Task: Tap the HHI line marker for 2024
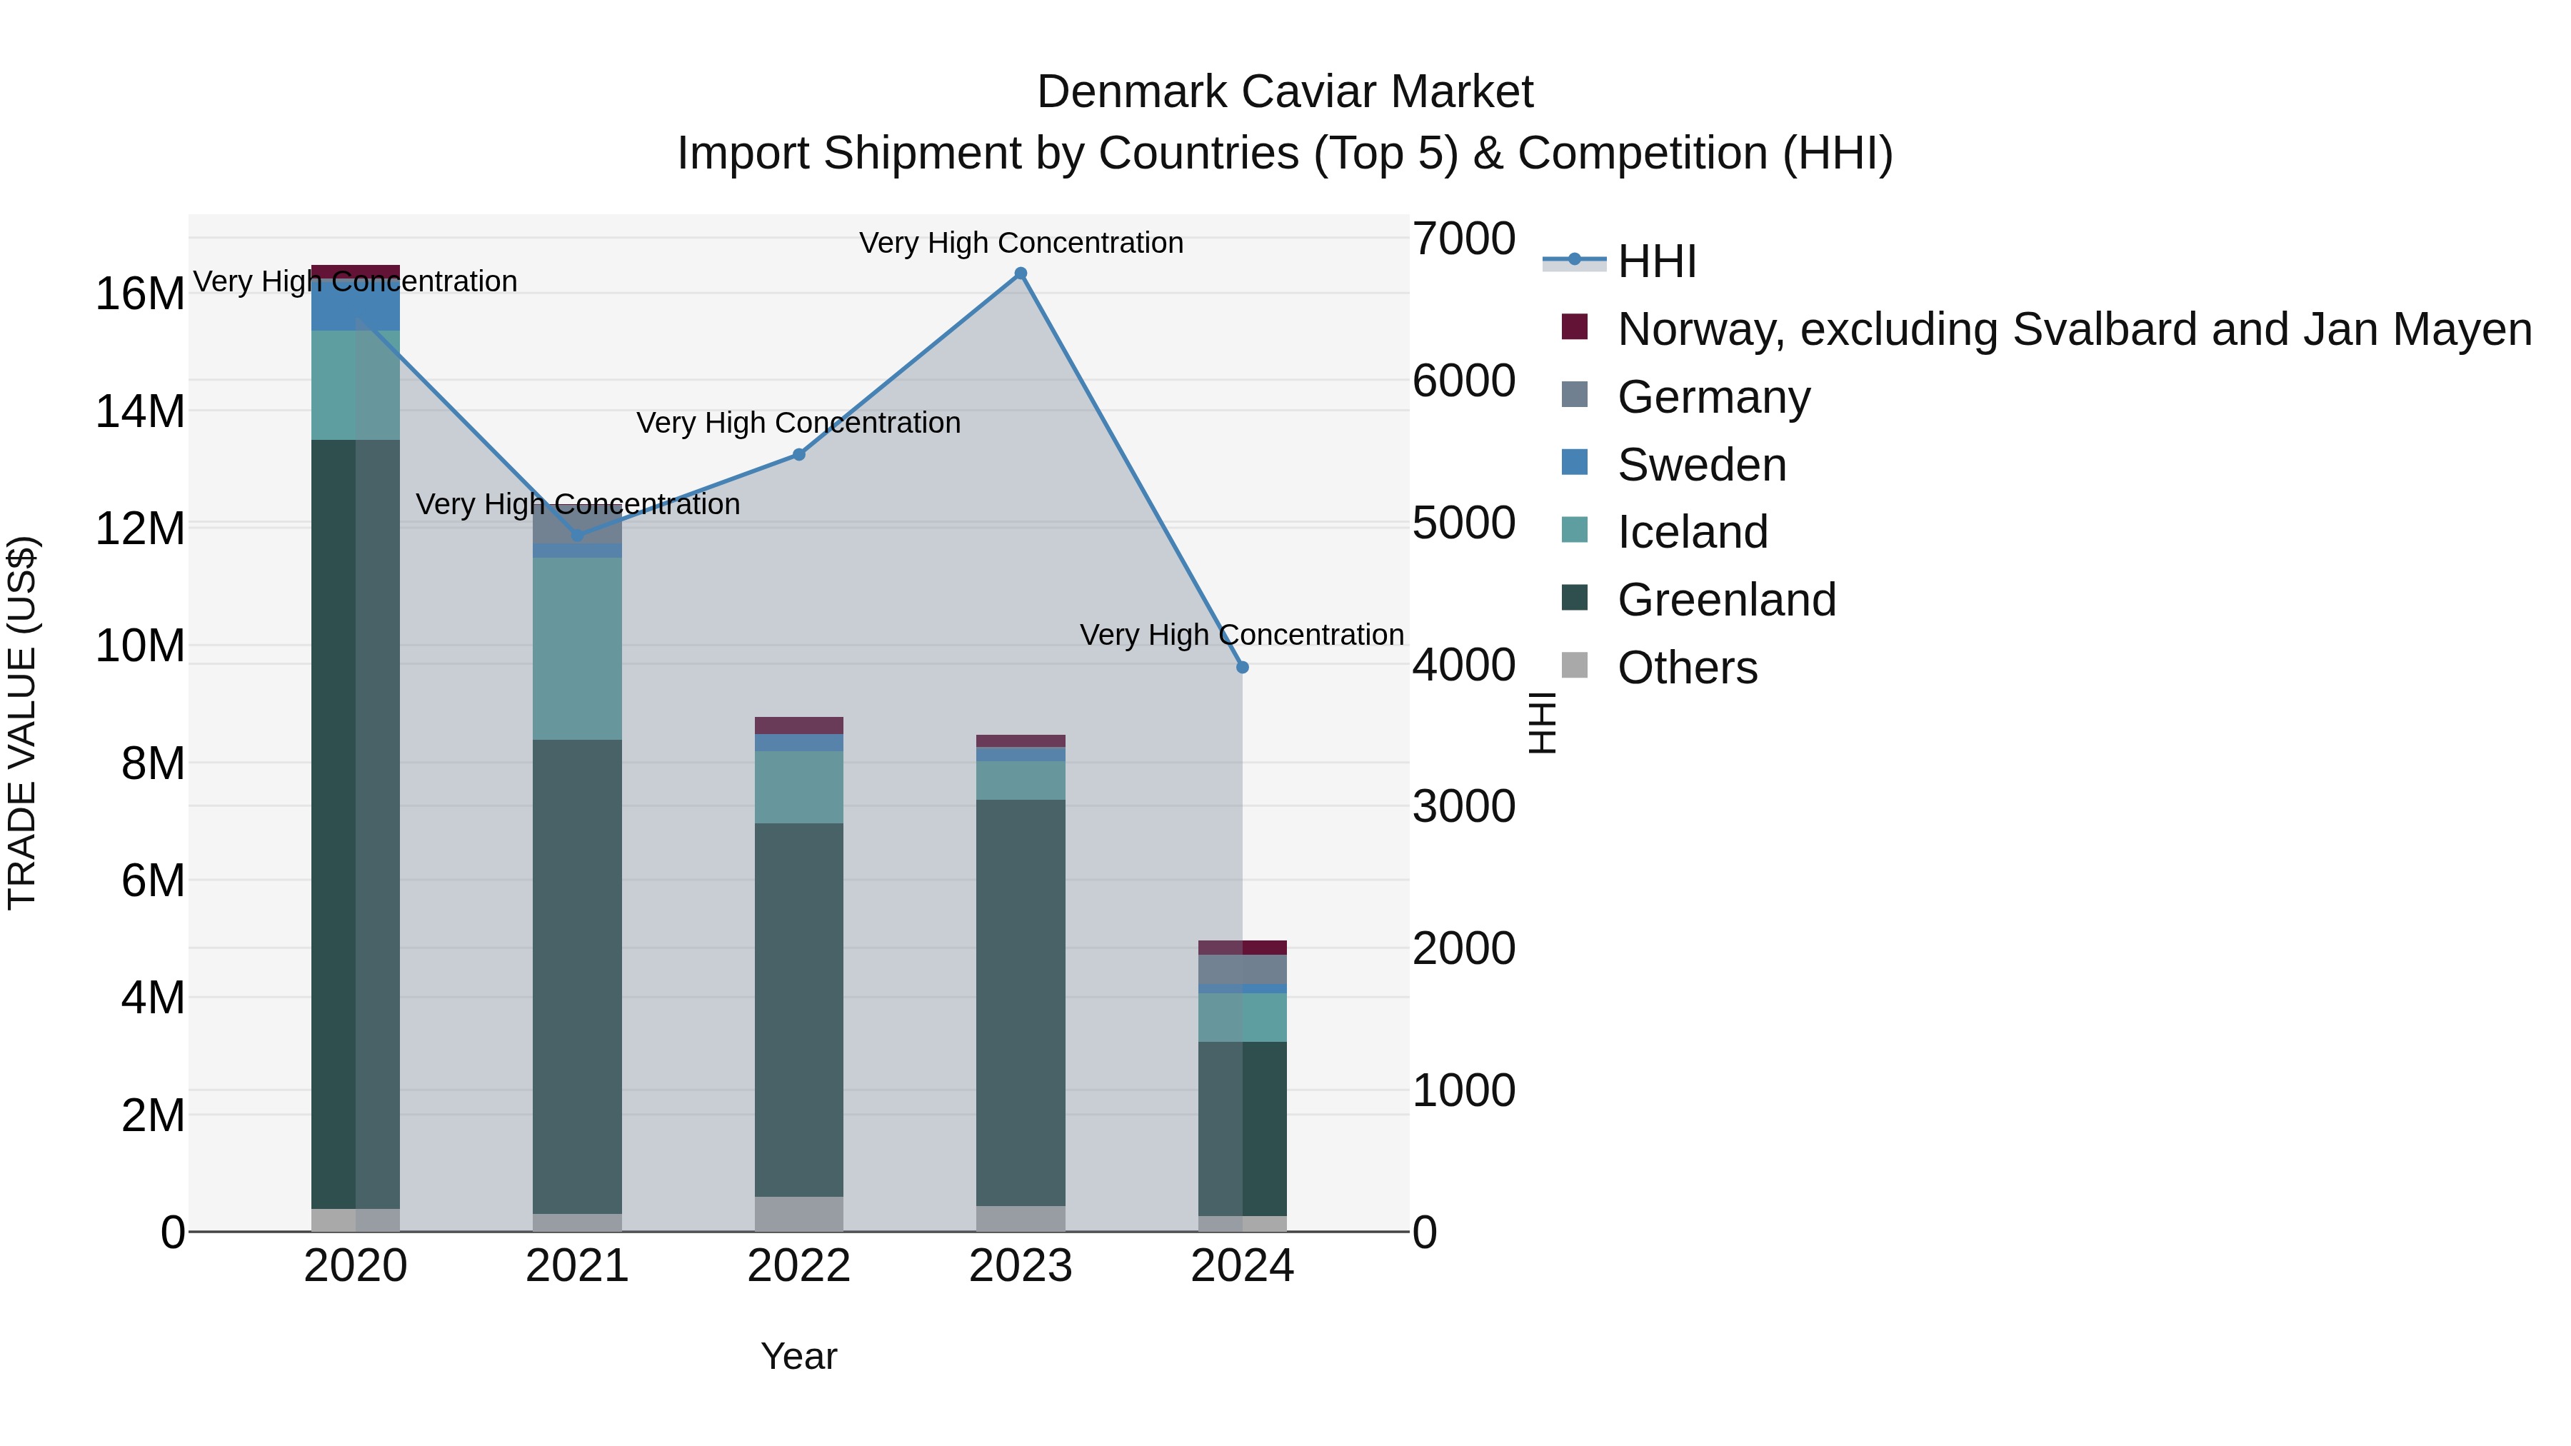1242,667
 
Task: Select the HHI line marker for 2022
798,454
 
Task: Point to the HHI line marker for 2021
577,535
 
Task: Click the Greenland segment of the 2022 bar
798,1008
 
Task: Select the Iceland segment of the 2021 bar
577,648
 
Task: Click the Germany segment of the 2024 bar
1242,969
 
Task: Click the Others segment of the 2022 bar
798,1213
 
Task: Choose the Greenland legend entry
1727,600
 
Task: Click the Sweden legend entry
1702,465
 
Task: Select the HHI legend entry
1657,261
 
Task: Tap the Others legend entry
1687,668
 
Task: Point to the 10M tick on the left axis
140,646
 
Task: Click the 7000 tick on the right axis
1463,239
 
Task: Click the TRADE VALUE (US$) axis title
22,723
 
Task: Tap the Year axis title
798,1356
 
